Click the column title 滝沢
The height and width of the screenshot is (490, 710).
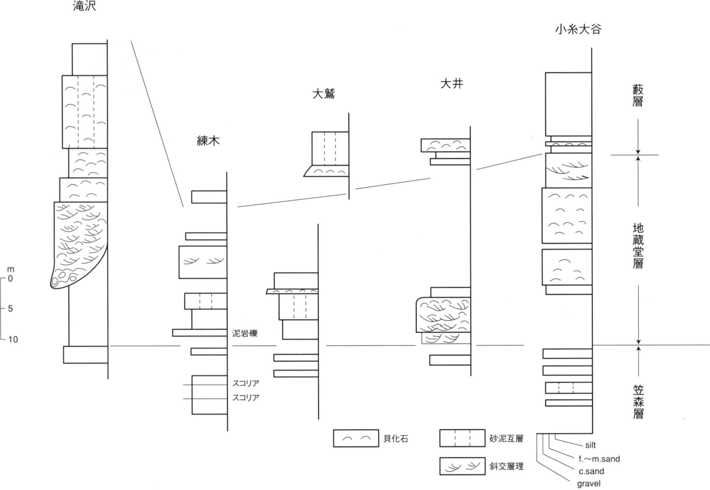[x=84, y=6]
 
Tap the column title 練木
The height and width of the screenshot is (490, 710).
[x=208, y=141]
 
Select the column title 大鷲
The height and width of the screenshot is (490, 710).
[x=324, y=94]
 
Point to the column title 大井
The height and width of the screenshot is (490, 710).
[x=452, y=84]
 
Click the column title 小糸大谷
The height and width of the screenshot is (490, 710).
[x=578, y=29]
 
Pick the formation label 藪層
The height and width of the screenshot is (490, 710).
[x=638, y=95]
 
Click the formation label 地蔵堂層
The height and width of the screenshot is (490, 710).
[x=638, y=246]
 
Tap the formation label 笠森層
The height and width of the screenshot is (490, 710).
[x=638, y=402]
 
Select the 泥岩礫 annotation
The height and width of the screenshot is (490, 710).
[x=245, y=333]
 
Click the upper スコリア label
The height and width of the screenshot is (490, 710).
[x=246, y=383]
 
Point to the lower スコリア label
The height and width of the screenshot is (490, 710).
[x=246, y=397]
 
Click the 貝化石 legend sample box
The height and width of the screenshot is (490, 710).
[x=356, y=438]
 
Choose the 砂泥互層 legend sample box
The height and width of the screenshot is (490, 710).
[x=462, y=438]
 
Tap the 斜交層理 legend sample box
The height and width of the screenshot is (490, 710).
[x=462, y=466]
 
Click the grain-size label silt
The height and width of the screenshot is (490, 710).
[x=590, y=445]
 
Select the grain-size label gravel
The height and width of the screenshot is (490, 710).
[x=589, y=484]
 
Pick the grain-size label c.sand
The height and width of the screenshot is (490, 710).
[x=591, y=471]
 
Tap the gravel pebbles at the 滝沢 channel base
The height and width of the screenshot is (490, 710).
[x=62, y=279]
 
